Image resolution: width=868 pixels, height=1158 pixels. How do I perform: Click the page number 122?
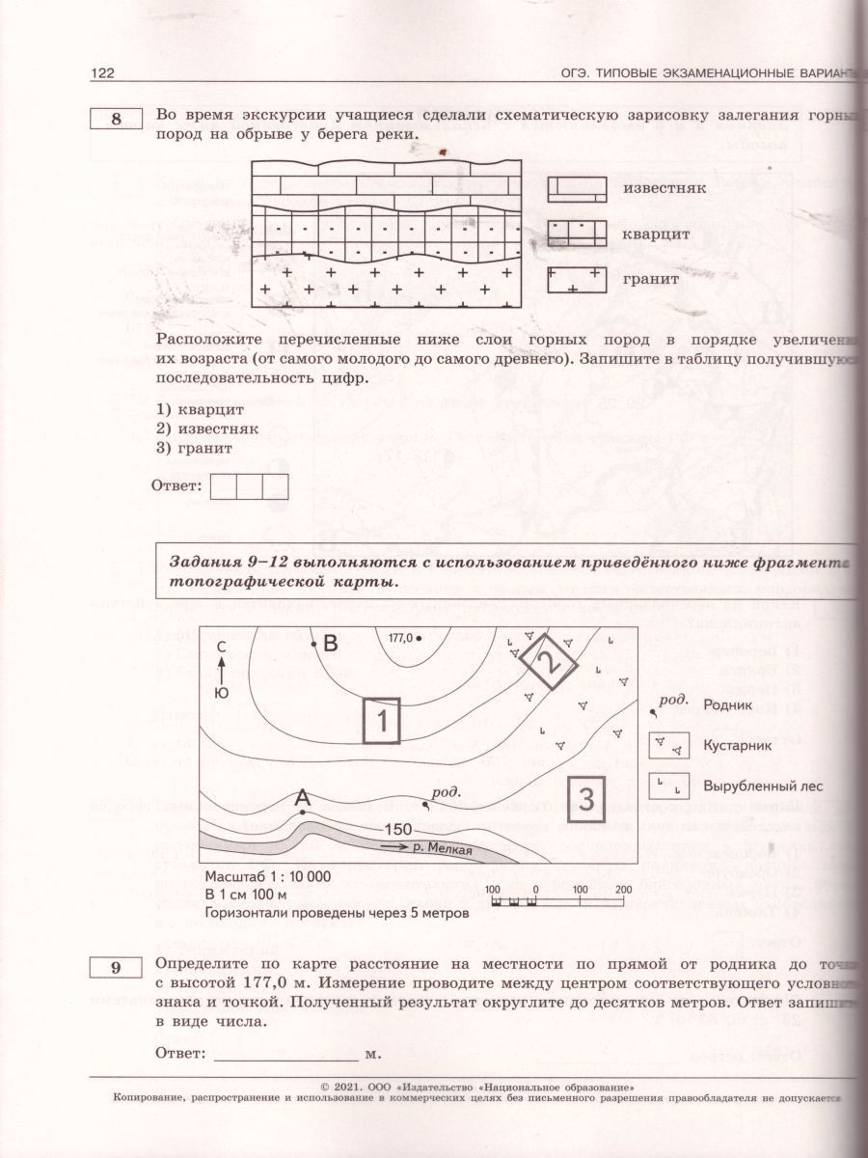point(103,72)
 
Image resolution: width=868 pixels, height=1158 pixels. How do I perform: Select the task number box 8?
point(116,120)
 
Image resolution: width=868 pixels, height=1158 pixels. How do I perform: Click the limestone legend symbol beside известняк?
point(578,188)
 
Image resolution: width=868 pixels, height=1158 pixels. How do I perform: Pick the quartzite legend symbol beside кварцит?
point(578,233)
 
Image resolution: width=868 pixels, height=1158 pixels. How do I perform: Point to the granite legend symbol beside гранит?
point(578,280)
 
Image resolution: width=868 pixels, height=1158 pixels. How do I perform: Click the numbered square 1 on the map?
point(382,720)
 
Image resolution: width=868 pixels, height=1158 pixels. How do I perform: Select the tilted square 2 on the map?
point(547,662)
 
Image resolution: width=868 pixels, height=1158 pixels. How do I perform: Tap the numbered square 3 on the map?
point(585,797)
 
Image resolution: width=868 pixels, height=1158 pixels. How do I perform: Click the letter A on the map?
point(302,798)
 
